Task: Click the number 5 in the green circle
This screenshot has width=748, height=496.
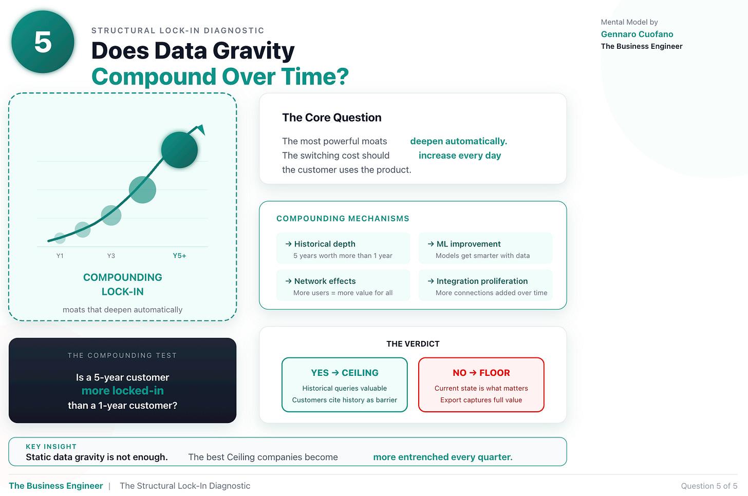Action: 43,42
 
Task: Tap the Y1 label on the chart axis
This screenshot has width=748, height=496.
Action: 60,256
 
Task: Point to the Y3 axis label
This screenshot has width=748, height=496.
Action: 111,256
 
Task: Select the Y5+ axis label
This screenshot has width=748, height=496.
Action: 179,256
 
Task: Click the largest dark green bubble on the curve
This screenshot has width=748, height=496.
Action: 179,149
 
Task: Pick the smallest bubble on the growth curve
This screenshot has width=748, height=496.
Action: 60,238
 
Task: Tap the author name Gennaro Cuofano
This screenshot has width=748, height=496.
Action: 637,34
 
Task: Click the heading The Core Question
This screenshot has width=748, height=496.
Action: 332,118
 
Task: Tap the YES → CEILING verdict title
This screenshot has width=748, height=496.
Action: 345,373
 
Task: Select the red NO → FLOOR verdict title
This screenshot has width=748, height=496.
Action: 481,373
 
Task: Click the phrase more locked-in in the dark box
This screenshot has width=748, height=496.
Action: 123,391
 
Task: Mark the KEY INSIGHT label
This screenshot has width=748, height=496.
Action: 51,447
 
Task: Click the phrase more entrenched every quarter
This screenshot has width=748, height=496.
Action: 443,457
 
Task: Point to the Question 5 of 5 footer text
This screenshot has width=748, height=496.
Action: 709,486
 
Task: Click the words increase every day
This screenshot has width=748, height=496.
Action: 460,156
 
